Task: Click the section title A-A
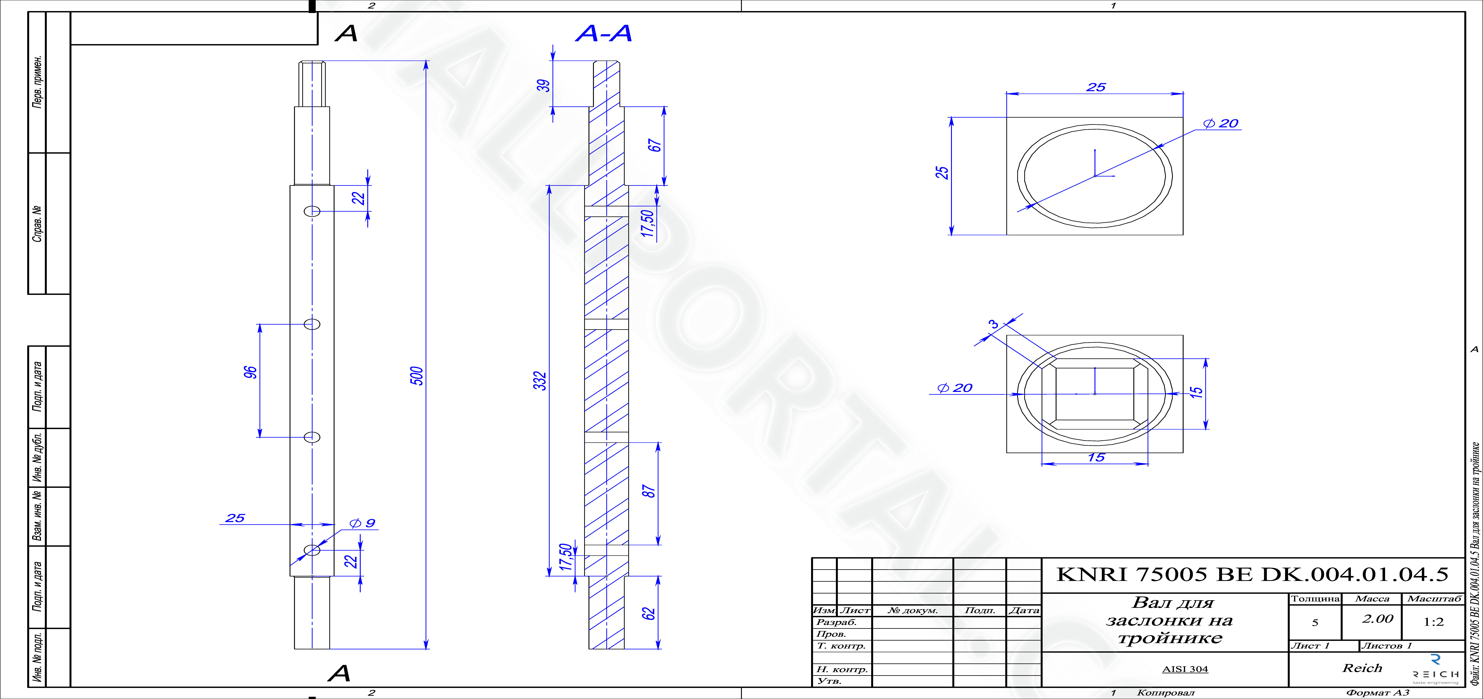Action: (603, 33)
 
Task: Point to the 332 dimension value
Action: (540, 381)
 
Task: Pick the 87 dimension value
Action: (648, 491)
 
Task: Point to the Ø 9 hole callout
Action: (363, 523)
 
